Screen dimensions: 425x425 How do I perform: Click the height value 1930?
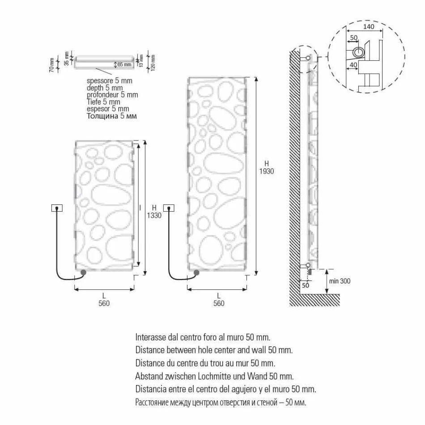[x=266, y=171]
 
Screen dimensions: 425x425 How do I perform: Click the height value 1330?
[x=154, y=215]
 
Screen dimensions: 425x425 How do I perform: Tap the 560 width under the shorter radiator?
[x=104, y=303]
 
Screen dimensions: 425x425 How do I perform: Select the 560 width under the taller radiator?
[x=218, y=303]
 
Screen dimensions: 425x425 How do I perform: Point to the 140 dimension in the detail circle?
[x=369, y=27]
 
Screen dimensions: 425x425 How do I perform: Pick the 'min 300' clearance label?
[x=340, y=281]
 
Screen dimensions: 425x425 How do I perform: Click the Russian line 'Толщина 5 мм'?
[x=111, y=116]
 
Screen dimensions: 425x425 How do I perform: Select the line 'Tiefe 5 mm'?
[x=103, y=102]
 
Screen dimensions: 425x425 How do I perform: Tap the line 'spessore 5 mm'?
[x=110, y=81]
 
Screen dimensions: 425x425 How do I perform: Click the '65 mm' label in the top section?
[x=124, y=64]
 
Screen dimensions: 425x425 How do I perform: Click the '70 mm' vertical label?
[x=51, y=65]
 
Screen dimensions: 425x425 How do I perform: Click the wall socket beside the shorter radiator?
[x=57, y=208]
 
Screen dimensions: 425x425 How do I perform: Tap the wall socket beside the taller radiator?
[x=169, y=208]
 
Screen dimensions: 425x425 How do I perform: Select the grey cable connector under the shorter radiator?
[x=83, y=272]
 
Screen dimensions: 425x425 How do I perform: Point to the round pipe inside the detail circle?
[x=358, y=52]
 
